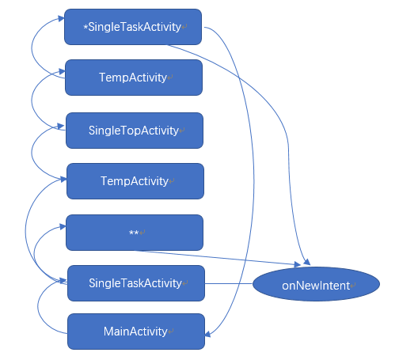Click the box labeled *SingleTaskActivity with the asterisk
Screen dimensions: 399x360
point(133,27)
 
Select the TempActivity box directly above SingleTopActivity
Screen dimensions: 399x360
point(134,78)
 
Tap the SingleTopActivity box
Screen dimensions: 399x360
point(135,131)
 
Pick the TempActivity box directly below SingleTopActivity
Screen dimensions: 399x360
point(135,181)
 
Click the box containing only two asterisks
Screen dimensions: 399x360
point(135,233)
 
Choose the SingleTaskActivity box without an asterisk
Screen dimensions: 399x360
point(136,283)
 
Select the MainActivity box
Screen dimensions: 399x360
point(136,332)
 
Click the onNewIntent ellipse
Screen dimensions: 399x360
point(316,284)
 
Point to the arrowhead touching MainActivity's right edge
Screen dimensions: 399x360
point(207,334)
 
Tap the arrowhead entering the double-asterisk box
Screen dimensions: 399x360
point(63,226)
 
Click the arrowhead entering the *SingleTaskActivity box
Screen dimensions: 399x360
point(61,18)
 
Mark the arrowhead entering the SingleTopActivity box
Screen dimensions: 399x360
point(61,126)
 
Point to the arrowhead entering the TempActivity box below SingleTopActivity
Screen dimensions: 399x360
point(63,180)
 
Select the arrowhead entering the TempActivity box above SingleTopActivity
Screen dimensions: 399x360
point(62,71)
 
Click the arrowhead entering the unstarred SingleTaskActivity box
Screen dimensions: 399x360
point(63,281)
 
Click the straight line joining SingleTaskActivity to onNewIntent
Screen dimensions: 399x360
point(229,283)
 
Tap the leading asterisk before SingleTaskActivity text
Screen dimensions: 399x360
point(85,28)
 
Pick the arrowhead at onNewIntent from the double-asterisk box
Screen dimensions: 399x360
point(298,264)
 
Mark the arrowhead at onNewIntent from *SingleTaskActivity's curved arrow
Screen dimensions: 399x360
point(307,262)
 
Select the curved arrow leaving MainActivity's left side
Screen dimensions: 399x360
point(38,307)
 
